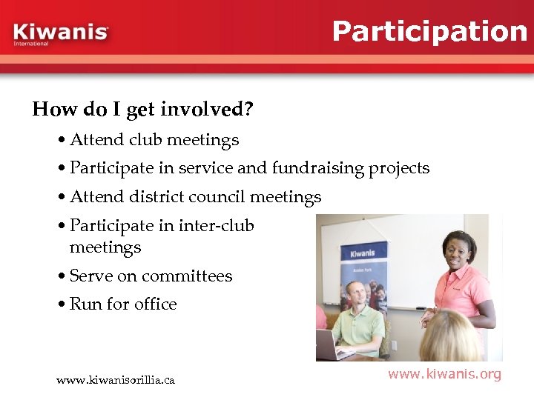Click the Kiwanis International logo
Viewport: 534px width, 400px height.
coord(61,34)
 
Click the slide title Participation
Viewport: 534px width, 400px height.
coord(429,31)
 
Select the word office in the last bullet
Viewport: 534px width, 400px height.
coord(156,304)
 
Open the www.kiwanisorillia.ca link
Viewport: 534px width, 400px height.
coord(116,380)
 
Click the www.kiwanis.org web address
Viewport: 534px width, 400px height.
coord(444,374)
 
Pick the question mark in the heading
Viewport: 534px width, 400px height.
coord(248,110)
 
